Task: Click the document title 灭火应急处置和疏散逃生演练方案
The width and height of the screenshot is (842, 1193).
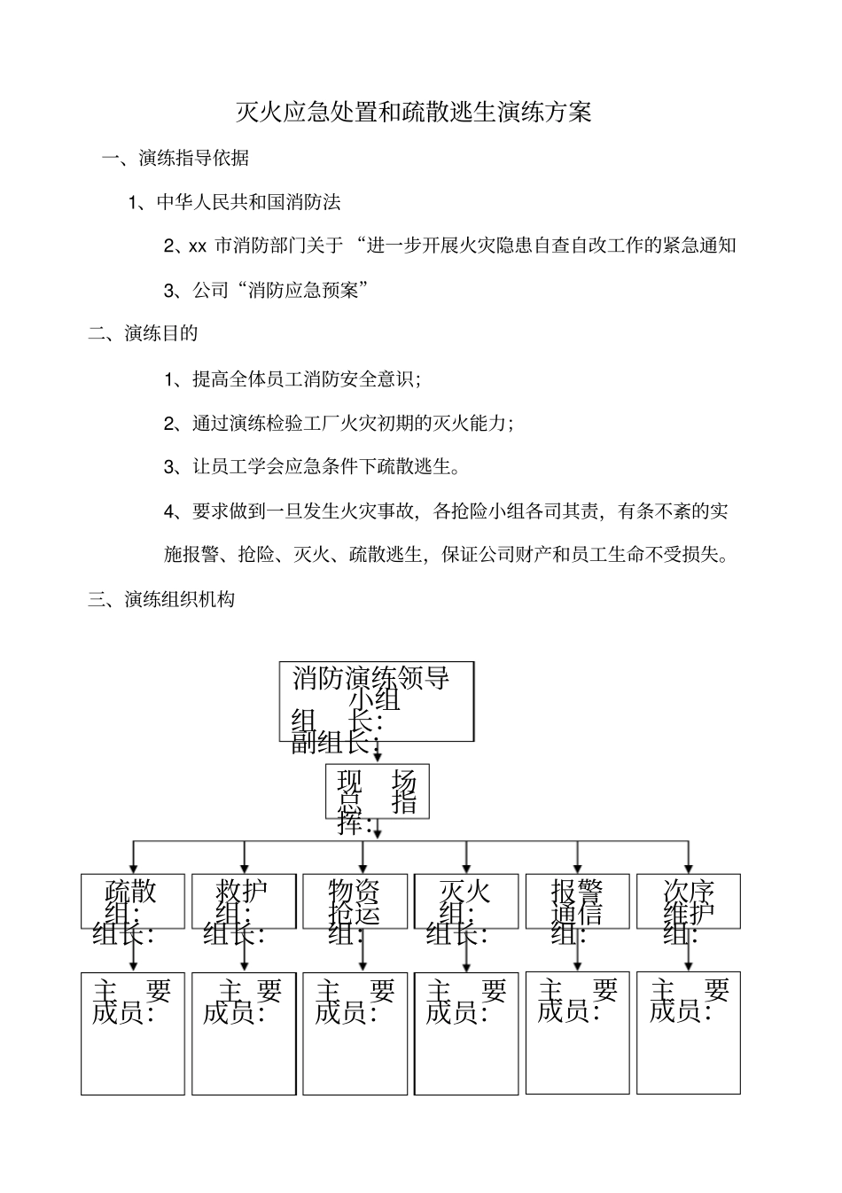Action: point(413,113)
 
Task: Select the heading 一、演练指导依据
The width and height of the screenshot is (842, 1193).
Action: point(175,159)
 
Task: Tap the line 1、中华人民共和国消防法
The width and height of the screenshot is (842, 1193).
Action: point(235,202)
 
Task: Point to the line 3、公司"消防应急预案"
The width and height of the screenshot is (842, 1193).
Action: point(266,290)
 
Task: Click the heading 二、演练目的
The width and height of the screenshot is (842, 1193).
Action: point(143,333)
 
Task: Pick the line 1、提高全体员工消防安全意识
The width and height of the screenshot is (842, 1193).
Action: point(292,379)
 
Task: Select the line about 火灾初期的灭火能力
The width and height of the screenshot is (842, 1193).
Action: point(339,423)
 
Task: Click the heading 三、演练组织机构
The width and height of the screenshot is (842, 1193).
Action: point(161,599)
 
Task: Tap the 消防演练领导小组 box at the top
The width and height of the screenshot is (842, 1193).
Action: point(377,700)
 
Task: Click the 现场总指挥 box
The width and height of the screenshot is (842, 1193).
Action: point(378,791)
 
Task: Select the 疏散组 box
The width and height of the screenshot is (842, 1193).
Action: point(133,901)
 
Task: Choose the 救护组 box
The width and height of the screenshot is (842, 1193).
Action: point(244,901)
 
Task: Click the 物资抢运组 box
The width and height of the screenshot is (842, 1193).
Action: point(355,901)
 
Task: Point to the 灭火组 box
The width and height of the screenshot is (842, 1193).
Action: point(466,901)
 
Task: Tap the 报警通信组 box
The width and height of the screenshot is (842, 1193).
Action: point(578,901)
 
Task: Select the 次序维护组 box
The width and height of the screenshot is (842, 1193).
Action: point(689,901)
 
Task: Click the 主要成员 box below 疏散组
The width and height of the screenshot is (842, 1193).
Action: point(133,1033)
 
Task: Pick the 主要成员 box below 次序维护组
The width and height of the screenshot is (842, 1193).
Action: point(689,1033)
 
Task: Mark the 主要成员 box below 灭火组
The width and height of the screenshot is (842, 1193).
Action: point(466,1033)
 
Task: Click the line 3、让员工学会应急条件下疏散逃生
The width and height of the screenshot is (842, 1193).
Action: point(312,467)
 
